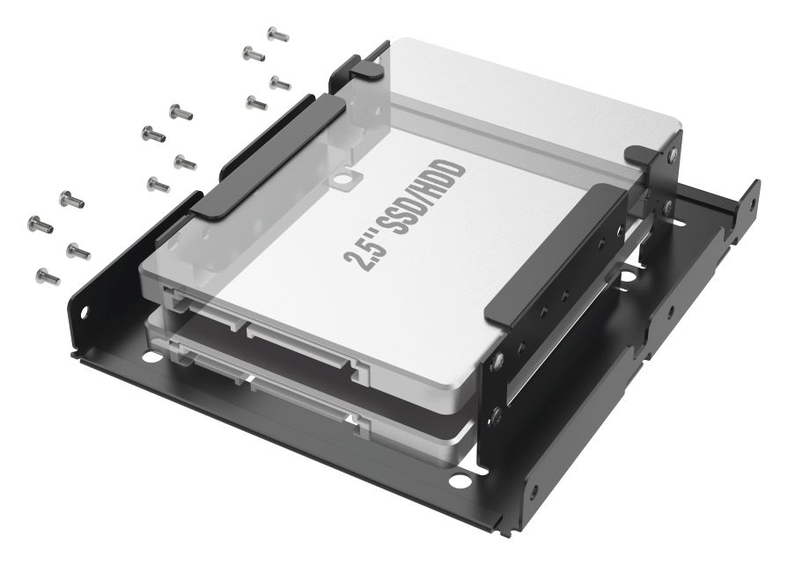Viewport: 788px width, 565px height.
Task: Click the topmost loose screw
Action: tap(278, 34)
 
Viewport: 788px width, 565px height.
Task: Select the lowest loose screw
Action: tap(48, 276)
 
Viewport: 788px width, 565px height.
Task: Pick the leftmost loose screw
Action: tap(41, 224)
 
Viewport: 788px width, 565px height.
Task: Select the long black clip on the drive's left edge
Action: tap(268, 157)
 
